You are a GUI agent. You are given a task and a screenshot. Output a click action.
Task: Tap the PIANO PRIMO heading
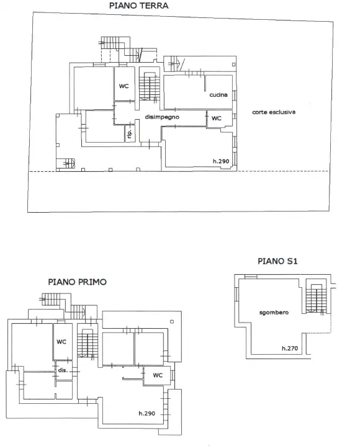click(x=77, y=282)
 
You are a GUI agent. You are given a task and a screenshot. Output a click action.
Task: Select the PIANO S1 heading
click(x=277, y=261)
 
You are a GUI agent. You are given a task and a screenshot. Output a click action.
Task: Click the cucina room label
click(x=218, y=95)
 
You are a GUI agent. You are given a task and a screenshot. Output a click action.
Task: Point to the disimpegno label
click(x=162, y=117)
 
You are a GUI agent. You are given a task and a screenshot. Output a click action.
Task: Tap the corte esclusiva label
click(x=274, y=112)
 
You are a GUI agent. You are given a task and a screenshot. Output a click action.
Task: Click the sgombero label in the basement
click(x=274, y=313)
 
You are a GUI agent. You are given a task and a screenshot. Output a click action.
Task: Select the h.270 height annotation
click(x=290, y=348)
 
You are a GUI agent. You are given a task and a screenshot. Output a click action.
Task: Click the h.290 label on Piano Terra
click(x=221, y=161)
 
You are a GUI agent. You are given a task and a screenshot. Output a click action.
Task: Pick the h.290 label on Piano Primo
click(x=146, y=413)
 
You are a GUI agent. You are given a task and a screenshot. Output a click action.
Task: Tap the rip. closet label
click(x=130, y=133)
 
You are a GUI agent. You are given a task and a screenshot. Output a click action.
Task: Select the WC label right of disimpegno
click(x=216, y=118)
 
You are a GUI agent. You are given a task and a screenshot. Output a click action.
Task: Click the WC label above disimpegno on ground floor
click(x=124, y=86)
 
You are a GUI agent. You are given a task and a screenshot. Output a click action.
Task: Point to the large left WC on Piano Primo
click(x=61, y=341)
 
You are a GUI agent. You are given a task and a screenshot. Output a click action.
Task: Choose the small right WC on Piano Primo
click(x=157, y=375)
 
